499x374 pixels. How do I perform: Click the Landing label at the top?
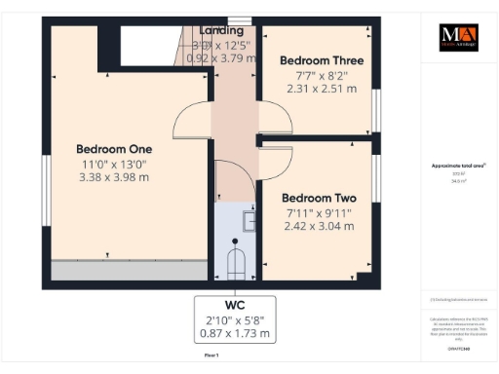tap(221, 31)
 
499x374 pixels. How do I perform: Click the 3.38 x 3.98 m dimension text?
tap(112, 177)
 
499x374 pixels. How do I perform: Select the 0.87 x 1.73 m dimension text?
tap(235, 337)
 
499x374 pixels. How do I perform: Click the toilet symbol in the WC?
tap(235, 263)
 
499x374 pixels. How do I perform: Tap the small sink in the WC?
tap(249, 222)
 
